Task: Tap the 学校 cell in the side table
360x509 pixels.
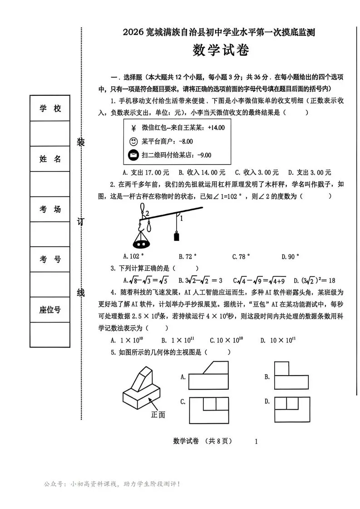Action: click(50, 109)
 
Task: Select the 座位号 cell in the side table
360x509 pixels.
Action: click(50, 310)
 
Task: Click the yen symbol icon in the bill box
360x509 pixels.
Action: click(133, 128)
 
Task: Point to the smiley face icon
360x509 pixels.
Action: click(133, 142)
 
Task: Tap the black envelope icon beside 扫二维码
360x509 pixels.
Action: click(133, 155)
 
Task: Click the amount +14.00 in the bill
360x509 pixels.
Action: click(216, 128)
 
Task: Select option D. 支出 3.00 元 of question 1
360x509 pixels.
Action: click(310, 172)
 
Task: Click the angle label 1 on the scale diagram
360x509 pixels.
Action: click(182, 218)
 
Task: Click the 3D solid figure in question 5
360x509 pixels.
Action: click(142, 387)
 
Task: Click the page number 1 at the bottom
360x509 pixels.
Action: click(256, 441)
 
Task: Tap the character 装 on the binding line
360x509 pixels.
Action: click(81, 142)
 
